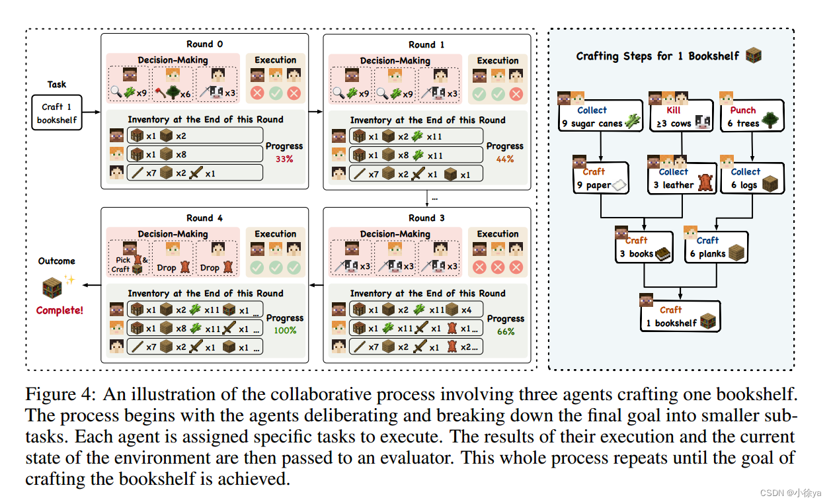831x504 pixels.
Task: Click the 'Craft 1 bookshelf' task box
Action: tap(57, 112)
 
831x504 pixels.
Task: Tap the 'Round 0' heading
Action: tap(204, 44)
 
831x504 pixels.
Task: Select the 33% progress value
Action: tap(284, 159)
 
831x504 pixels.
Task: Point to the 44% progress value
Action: tap(506, 159)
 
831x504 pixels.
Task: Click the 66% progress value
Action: tap(506, 331)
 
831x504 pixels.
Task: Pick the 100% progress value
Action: tap(285, 330)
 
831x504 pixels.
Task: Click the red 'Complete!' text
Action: tap(59, 310)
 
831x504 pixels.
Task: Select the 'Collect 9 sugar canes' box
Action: tap(600, 116)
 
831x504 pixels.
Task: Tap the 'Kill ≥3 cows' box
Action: tap(679, 116)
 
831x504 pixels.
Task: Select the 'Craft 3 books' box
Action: tap(643, 247)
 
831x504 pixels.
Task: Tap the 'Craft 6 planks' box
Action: tap(716, 247)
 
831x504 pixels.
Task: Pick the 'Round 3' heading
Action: tap(426, 218)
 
